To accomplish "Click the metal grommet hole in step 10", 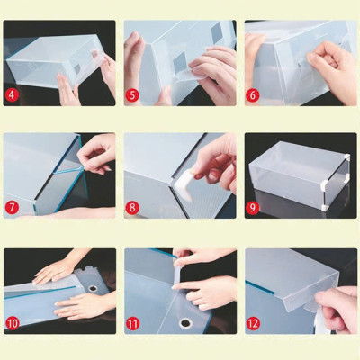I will click(93, 289).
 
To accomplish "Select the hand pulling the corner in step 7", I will click(97, 153).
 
